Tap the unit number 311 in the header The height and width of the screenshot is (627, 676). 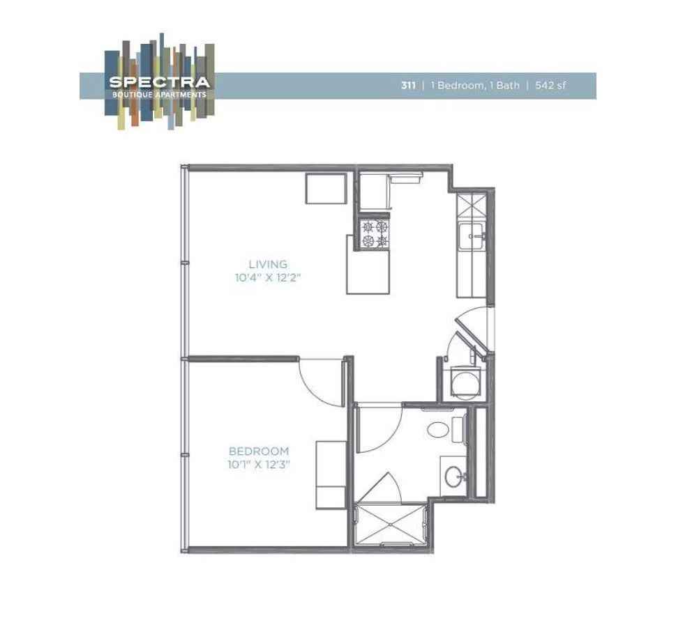click(408, 86)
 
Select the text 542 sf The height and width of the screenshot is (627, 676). click(550, 86)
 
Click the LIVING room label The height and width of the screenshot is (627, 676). click(268, 264)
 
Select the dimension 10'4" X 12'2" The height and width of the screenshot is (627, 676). click(272, 277)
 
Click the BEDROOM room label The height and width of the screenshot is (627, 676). click(258, 451)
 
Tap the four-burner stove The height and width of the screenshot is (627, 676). click(374, 233)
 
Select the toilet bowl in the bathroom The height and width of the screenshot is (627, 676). click(438, 428)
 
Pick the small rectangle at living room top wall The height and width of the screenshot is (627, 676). click(326, 188)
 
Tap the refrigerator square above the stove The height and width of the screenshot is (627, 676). click(375, 192)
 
